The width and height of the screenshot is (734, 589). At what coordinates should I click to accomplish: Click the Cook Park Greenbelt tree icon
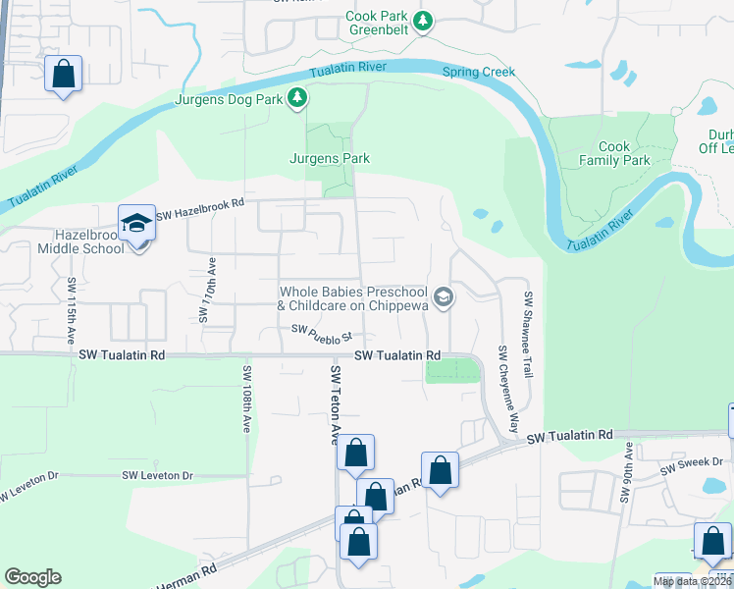(x=423, y=21)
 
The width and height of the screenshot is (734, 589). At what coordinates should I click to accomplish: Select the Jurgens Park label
(x=329, y=158)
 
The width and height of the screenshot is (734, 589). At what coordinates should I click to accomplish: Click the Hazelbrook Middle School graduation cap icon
(x=137, y=224)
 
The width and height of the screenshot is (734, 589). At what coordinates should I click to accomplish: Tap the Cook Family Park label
(x=614, y=153)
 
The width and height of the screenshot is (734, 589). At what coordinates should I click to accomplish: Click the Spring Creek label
(x=478, y=72)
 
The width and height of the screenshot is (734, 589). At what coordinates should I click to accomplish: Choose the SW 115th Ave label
(x=72, y=309)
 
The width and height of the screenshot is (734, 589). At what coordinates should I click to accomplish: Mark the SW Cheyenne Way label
(x=507, y=389)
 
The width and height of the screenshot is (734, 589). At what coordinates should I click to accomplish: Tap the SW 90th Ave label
(x=625, y=474)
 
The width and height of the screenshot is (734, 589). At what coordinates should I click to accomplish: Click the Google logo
(x=33, y=577)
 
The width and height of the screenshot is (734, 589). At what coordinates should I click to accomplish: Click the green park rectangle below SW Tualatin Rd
(x=454, y=369)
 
